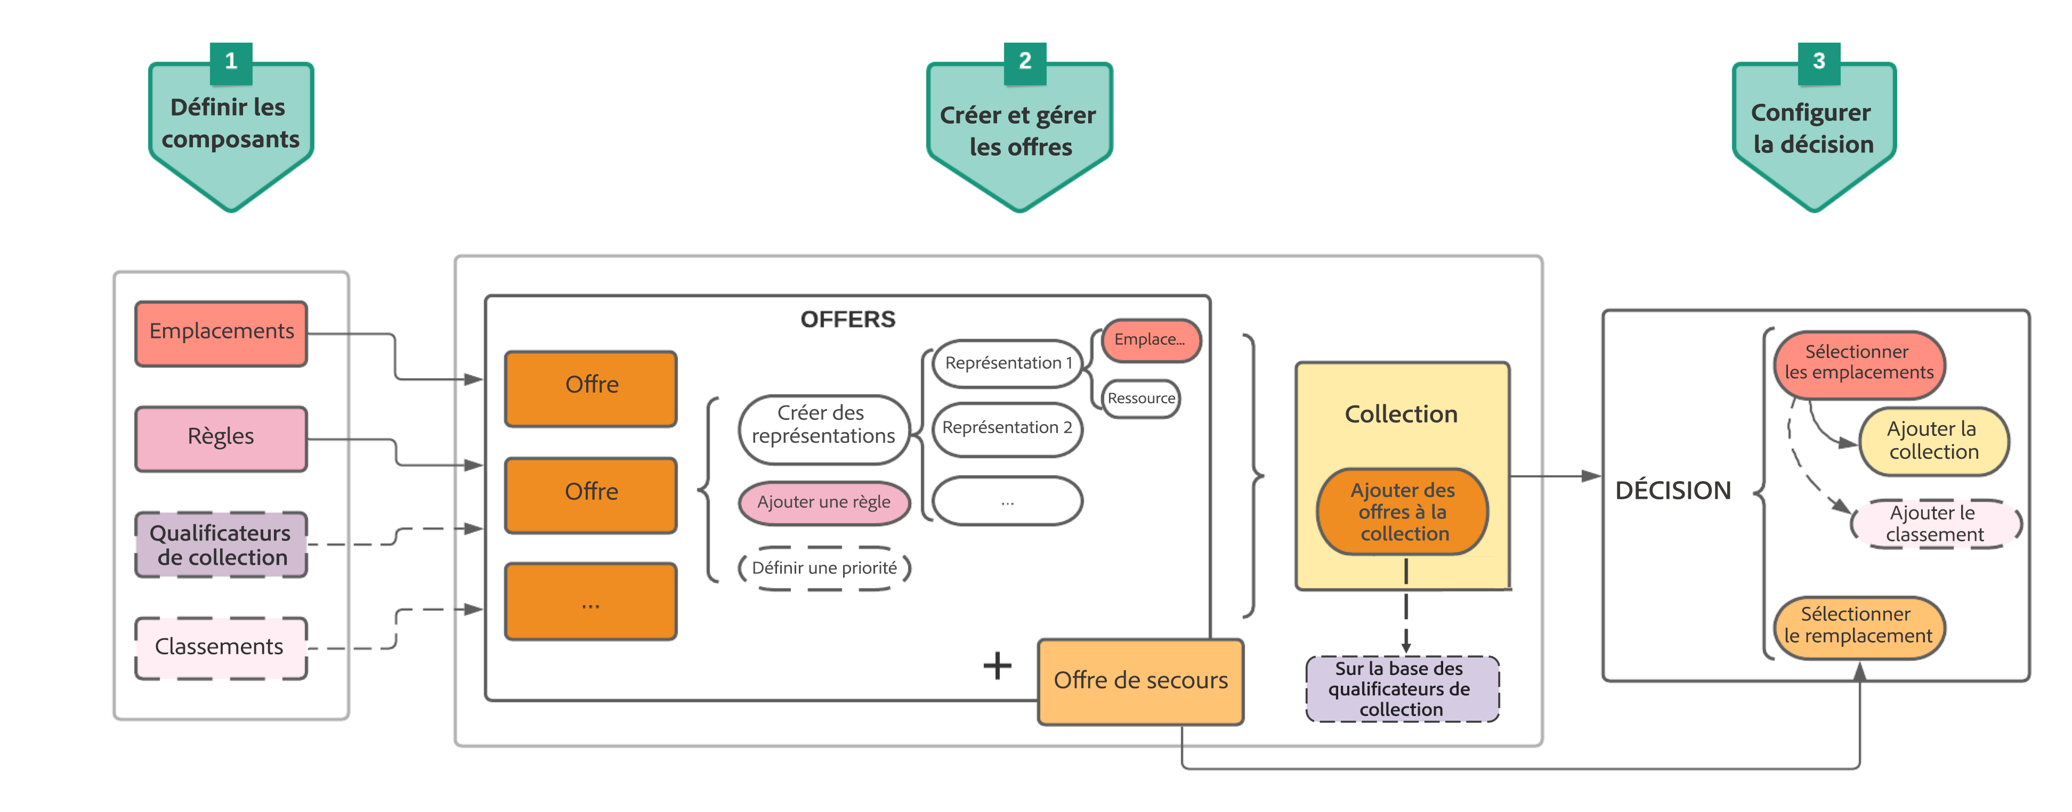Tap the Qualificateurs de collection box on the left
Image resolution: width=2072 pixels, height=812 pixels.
click(x=221, y=545)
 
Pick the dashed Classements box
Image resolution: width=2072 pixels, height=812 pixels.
click(x=221, y=647)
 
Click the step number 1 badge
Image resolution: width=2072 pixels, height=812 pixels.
click(x=231, y=62)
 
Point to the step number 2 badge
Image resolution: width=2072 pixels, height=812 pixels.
click(x=1025, y=62)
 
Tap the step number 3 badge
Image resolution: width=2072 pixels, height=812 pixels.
click(x=1819, y=62)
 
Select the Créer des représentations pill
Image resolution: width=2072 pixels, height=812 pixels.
click(x=823, y=425)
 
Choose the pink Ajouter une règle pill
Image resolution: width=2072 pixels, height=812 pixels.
click(x=824, y=502)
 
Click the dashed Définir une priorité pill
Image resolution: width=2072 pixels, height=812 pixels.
click(x=824, y=569)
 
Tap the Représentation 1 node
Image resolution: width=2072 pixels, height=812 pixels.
click(x=1008, y=363)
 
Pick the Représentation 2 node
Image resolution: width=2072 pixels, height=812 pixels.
click(x=1007, y=428)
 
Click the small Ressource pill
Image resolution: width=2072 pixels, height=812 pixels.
click(x=1140, y=399)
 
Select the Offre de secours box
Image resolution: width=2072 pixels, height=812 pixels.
click(x=1140, y=681)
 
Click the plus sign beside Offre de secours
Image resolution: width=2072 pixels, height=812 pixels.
click(x=998, y=665)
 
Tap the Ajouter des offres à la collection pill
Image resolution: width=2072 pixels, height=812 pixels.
click(x=1403, y=512)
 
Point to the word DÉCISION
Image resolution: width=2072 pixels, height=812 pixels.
click(x=1672, y=490)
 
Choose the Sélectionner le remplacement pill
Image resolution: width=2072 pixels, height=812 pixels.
click(x=1858, y=626)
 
